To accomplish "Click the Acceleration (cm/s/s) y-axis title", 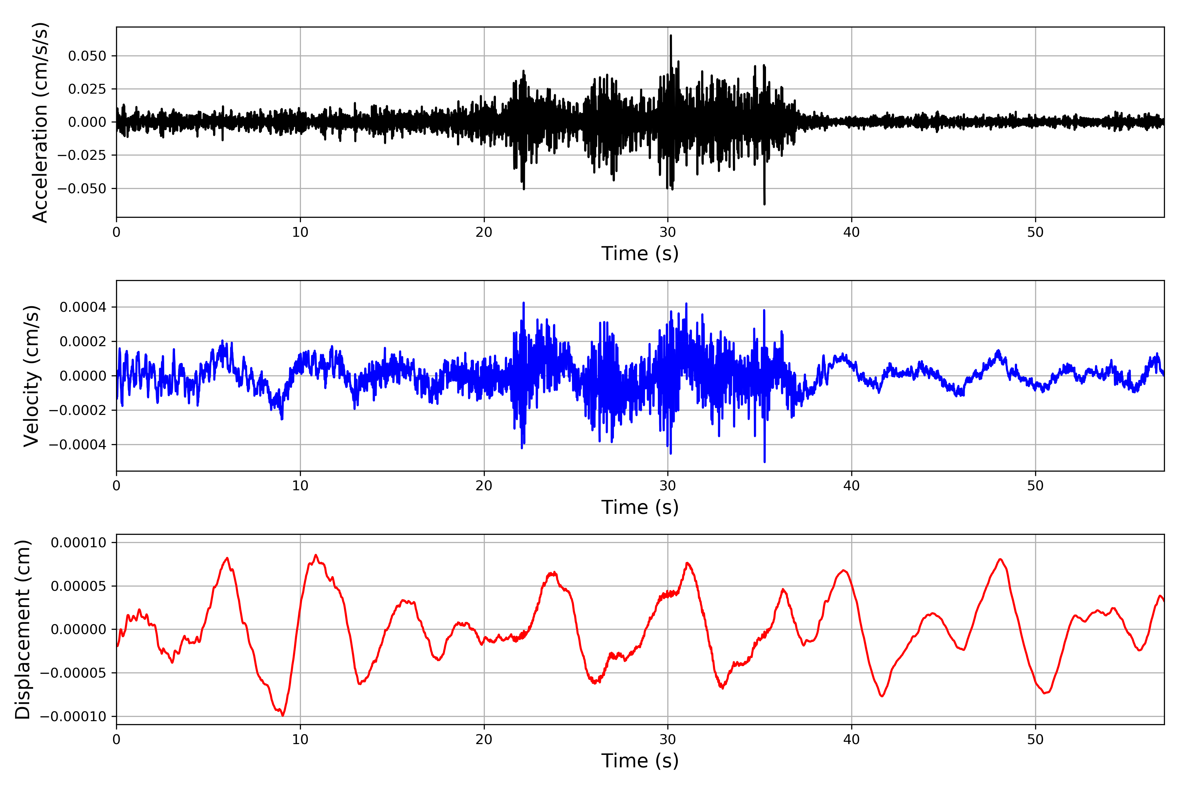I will (40, 122).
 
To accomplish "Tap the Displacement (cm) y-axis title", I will (23, 629).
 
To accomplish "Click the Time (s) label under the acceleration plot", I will (640, 253).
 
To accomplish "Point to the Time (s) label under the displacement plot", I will (640, 761).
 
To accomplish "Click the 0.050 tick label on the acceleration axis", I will (87, 56).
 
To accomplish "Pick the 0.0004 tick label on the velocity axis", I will (83, 307).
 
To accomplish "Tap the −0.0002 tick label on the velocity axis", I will (78, 410).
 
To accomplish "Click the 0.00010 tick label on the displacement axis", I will (79, 542).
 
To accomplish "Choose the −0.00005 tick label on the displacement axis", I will (73, 673).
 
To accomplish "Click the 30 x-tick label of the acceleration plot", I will (668, 232).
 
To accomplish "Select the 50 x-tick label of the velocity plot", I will (1035, 486).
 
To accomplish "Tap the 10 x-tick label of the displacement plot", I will (300, 739).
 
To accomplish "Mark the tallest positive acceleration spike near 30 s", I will (671, 36).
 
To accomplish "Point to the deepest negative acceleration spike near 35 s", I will (764, 203).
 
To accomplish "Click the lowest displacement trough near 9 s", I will (283, 715).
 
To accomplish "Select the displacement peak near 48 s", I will (1000, 559).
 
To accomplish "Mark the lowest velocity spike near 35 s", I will (764, 461).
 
